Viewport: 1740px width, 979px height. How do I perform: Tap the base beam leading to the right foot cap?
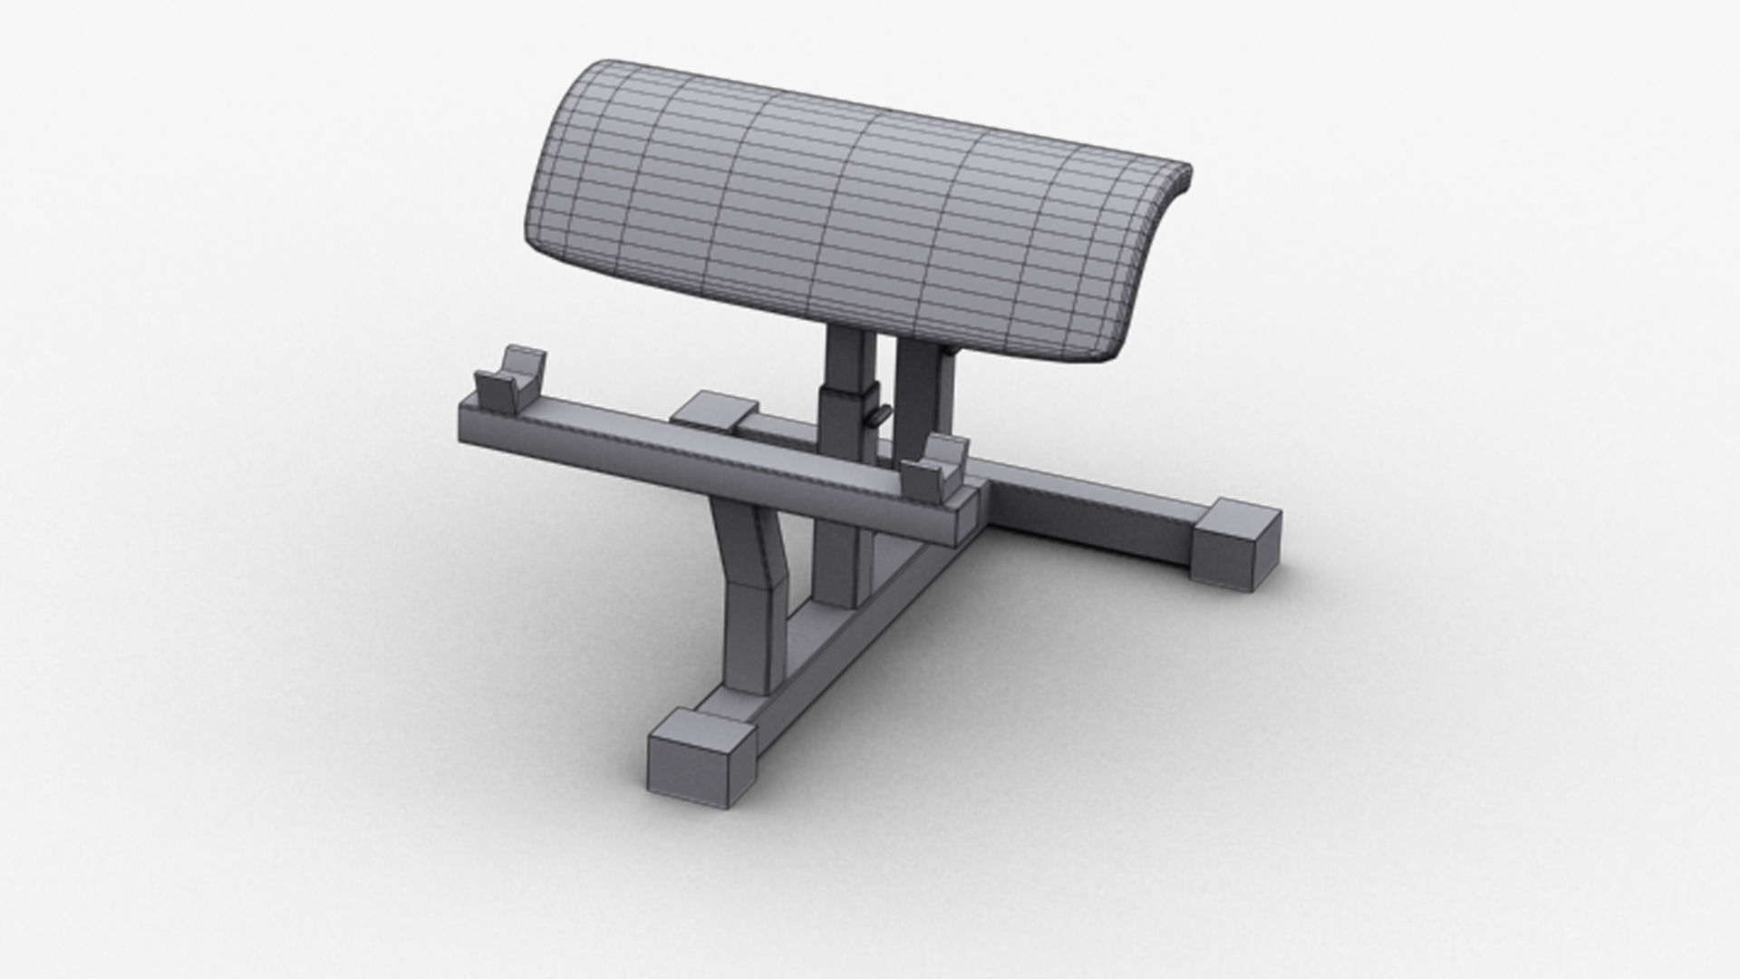point(1087,508)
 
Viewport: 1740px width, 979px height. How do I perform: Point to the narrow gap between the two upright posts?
point(886,381)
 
